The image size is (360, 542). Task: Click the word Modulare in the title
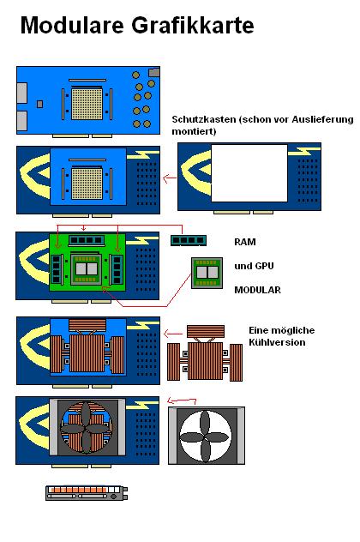tap(72, 25)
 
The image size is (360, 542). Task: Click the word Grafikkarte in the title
tap(193, 25)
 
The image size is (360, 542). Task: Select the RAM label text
tap(245, 242)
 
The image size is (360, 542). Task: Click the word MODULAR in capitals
tap(257, 290)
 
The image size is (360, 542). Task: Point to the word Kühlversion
tap(277, 342)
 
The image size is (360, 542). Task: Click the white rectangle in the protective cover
tap(249, 173)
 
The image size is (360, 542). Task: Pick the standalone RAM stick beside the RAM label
tap(189, 240)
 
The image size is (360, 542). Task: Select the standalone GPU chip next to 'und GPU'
tap(207, 273)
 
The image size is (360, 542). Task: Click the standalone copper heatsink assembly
tap(205, 353)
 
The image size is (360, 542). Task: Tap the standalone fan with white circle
tap(207, 436)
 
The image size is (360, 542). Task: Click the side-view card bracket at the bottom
tap(87, 493)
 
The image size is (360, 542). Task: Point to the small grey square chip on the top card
tap(39, 104)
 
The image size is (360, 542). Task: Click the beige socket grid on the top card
tap(87, 104)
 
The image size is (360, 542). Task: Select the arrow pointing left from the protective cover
tap(170, 178)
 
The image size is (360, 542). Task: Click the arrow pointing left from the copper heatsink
tap(173, 334)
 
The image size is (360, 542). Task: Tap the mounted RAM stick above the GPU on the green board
tap(87, 240)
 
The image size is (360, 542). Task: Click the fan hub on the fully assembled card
tap(86, 430)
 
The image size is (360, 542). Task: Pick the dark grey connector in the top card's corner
tap(154, 72)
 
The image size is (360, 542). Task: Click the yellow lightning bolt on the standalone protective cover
tap(305, 151)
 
